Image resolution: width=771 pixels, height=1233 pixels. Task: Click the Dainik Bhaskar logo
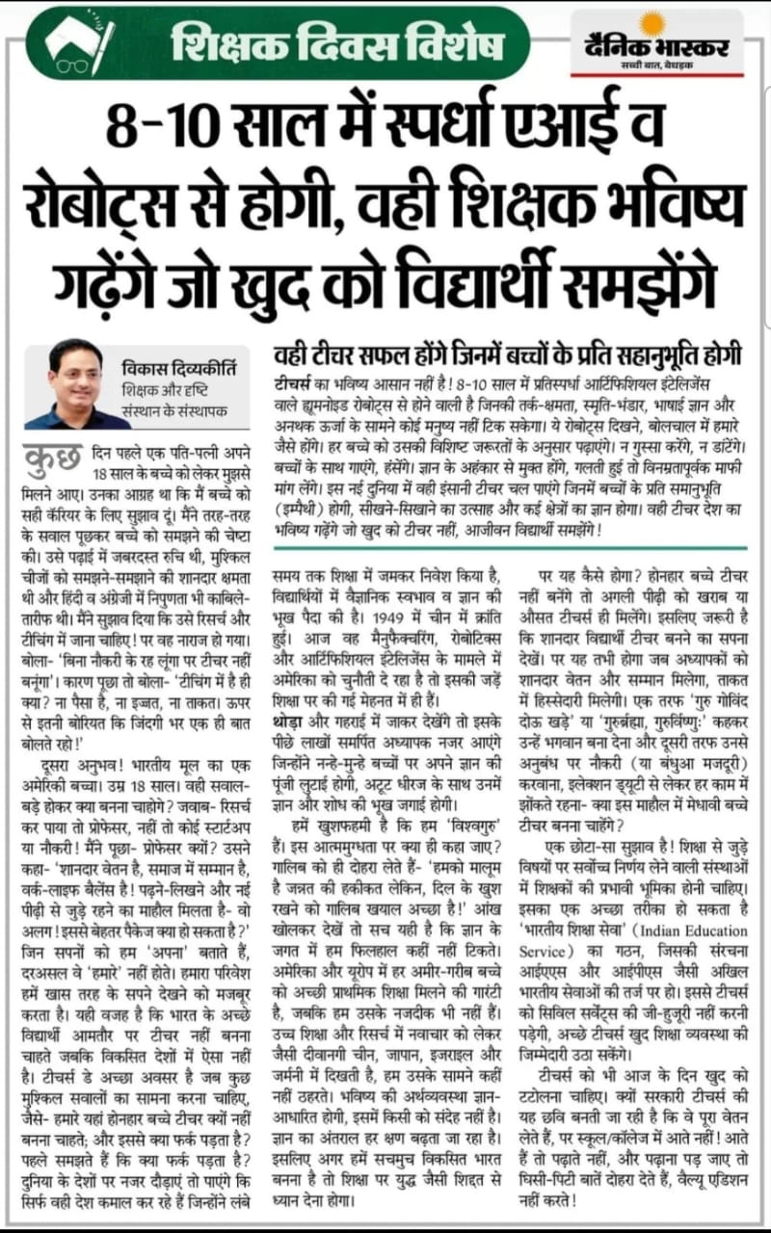[x=657, y=43]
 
